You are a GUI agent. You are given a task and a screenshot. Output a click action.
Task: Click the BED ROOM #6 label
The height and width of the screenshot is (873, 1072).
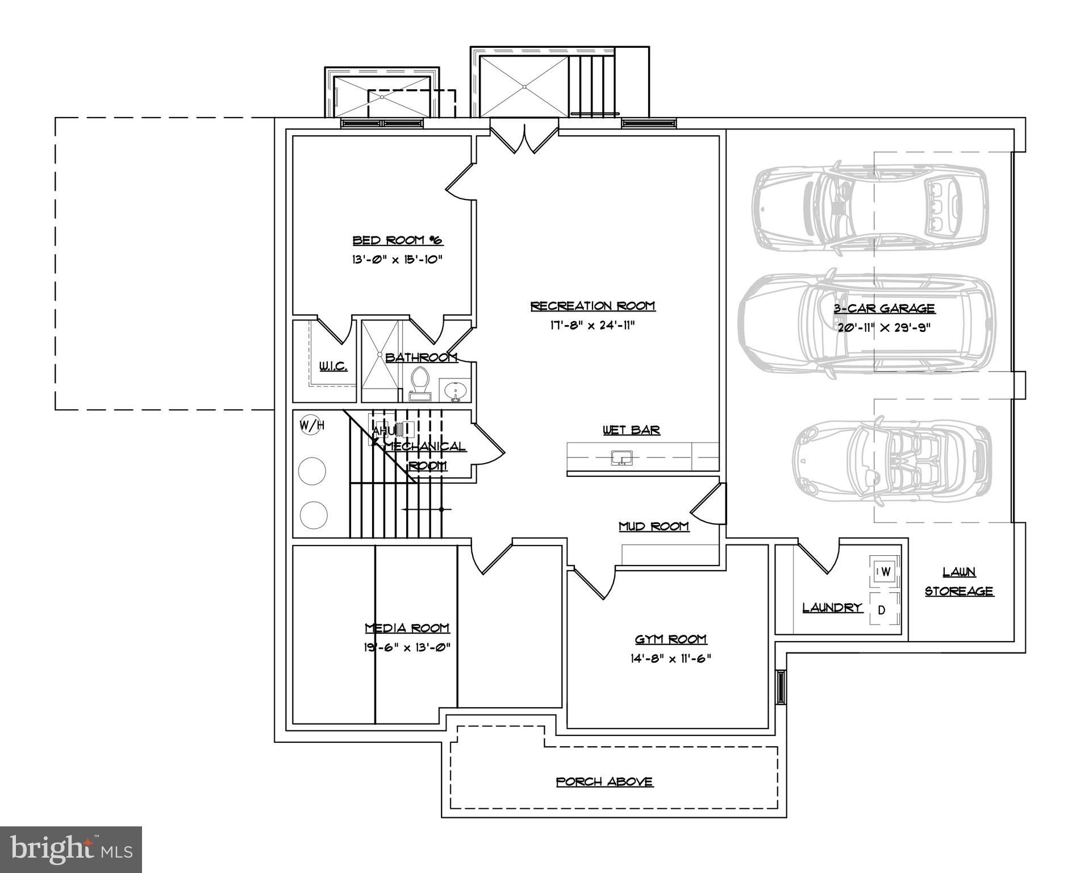pos(397,240)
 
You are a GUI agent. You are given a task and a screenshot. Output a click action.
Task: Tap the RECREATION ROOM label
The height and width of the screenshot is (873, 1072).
pos(593,306)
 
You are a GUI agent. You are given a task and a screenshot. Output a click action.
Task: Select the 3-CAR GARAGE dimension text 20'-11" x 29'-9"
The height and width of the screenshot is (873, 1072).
pos(883,328)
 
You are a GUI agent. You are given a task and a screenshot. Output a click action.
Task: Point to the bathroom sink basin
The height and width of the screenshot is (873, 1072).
pos(456,391)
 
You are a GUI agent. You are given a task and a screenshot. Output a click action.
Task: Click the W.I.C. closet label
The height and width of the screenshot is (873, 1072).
pos(333,367)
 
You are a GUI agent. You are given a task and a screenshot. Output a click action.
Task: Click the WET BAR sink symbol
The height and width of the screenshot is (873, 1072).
pos(621,458)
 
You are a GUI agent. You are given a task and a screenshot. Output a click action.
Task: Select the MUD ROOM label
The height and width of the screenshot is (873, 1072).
pos(653,527)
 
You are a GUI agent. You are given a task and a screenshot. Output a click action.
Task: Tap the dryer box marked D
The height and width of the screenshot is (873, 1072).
pos(882,610)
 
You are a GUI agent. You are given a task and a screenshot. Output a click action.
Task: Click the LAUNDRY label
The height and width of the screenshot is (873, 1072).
pos(832,608)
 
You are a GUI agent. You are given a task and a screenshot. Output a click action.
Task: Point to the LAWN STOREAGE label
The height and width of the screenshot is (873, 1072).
pos(959,581)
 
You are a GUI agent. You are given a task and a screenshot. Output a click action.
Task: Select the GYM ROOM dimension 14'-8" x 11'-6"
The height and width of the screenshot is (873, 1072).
pos(670,659)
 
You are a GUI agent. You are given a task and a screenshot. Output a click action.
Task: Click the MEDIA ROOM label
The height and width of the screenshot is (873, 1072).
pos(407,628)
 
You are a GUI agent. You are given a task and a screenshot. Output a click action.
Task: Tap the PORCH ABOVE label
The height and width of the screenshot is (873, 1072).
pos(604,782)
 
